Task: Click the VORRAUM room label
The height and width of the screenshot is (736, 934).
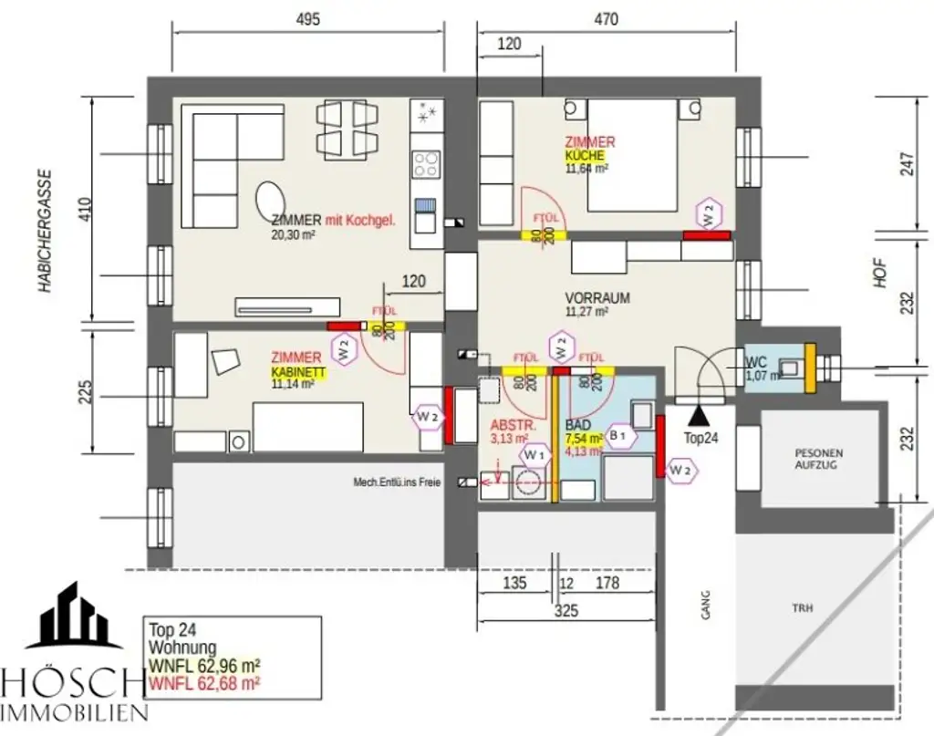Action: [x=597, y=297]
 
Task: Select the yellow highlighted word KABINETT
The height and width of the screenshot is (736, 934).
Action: [x=298, y=372]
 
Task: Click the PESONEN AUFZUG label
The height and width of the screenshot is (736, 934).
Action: [x=818, y=459]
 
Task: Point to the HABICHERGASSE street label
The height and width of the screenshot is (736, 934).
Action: [x=43, y=232]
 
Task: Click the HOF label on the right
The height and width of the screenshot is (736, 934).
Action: [x=881, y=271]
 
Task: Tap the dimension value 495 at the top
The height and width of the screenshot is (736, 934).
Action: [x=307, y=19]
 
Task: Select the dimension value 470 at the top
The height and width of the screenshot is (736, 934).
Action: [x=606, y=19]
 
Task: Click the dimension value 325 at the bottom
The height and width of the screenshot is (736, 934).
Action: [x=566, y=611]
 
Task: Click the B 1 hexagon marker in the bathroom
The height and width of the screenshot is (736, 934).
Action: [x=619, y=437]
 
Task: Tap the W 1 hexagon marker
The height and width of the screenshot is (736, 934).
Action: [x=534, y=454]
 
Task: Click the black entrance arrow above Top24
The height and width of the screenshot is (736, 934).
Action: [x=698, y=416]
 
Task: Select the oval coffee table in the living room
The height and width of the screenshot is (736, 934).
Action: [x=270, y=198]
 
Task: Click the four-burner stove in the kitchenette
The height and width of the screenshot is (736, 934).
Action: [x=426, y=164]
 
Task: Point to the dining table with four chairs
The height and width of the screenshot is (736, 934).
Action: [x=347, y=128]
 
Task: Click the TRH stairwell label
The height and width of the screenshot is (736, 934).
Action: [x=803, y=607]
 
